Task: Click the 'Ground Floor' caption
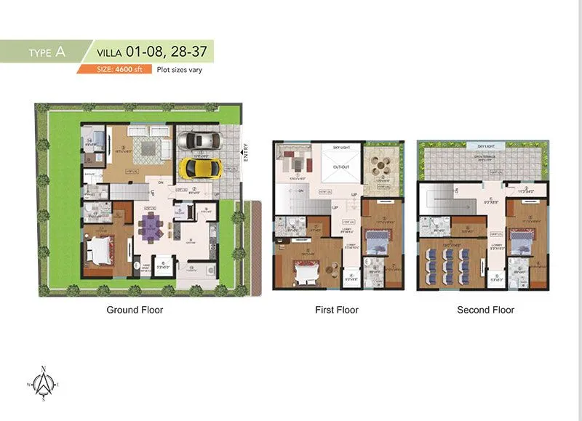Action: (135, 310)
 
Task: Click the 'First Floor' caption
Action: (336, 310)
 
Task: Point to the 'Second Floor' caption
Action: (485, 310)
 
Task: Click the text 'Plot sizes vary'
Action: (180, 70)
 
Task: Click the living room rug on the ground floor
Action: (145, 148)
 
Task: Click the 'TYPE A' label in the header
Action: (47, 52)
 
